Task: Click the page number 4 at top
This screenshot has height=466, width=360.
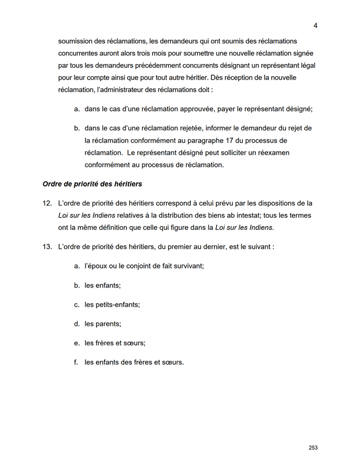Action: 316,25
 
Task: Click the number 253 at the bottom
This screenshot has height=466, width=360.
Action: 313,448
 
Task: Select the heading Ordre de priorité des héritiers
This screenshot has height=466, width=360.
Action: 92,184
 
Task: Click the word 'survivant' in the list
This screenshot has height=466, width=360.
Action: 187,266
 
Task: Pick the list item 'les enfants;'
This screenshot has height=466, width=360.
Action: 102,285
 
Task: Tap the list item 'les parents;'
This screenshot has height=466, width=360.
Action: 103,324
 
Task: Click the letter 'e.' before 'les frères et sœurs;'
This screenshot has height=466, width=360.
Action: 77,343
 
